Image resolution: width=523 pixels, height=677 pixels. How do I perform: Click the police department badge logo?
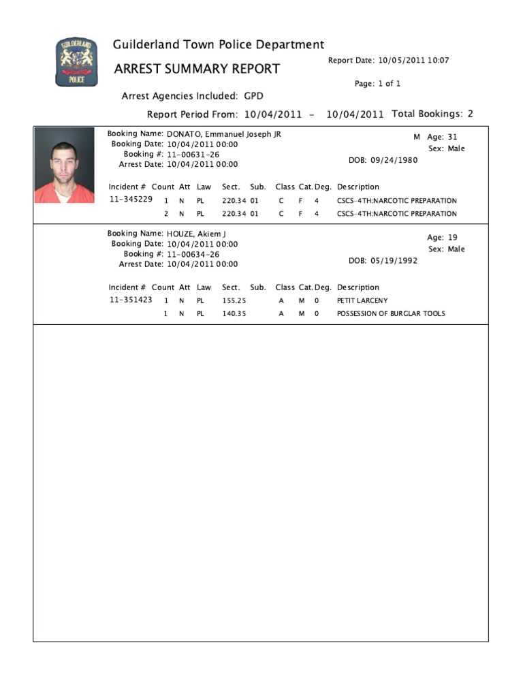coord(76,63)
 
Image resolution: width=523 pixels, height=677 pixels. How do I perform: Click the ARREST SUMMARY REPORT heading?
coord(197,69)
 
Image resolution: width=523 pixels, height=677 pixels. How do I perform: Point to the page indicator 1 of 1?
coord(388,84)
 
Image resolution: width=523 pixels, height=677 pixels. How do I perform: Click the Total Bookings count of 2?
coord(470,114)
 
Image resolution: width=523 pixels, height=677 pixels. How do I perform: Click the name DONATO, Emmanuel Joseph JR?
coord(224,134)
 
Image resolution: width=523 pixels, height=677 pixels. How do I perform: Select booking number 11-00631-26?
coord(193,155)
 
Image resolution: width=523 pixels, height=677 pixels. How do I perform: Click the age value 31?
coord(453,137)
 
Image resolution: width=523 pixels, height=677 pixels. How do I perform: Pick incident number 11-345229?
coord(131,200)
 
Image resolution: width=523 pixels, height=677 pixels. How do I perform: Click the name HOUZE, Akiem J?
coord(196,234)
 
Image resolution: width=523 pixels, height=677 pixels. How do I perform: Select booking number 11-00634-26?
coord(193,254)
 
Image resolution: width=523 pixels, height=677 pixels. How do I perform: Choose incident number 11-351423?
coord(131,300)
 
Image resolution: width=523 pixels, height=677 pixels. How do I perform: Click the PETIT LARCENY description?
coord(362,300)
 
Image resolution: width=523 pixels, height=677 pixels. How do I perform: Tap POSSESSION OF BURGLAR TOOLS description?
coord(391,314)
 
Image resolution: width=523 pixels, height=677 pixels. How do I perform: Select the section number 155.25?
coord(234,300)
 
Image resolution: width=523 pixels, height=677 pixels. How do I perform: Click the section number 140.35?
coord(234,314)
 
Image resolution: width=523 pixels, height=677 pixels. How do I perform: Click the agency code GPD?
coord(253,96)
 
